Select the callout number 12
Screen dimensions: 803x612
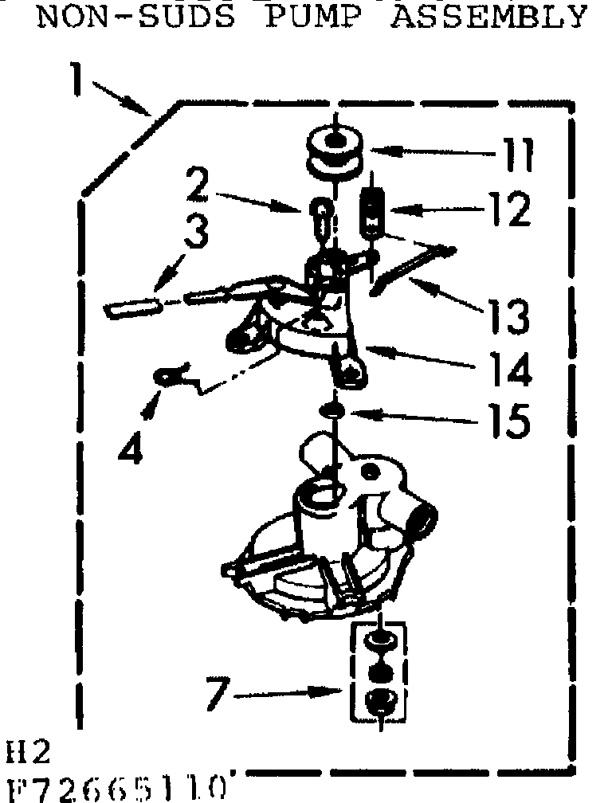(x=507, y=211)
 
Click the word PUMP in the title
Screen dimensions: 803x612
(x=311, y=16)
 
